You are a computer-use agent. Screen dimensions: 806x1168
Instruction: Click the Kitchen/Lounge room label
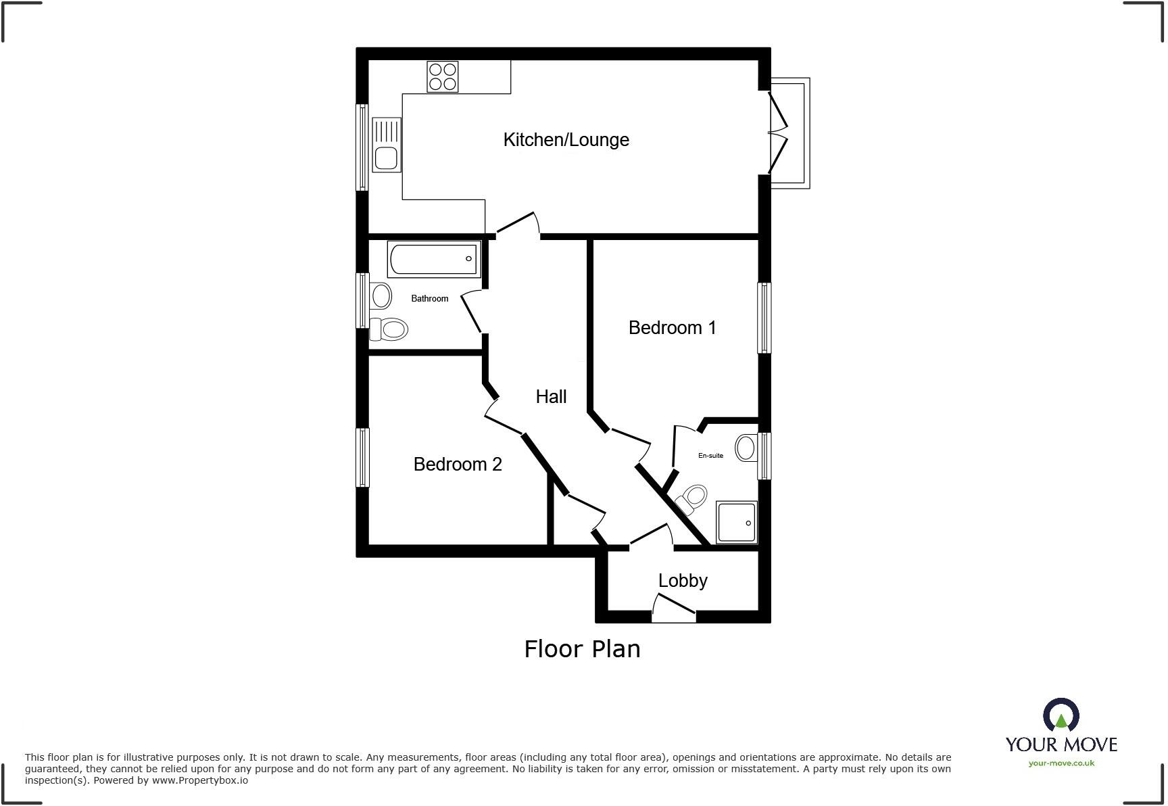pos(566,140)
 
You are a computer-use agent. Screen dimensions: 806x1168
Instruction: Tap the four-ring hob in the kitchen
pos(443,76)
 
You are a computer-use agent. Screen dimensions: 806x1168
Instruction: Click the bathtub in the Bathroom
pos(434,260)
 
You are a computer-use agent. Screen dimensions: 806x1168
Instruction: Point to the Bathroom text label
pos(429,298)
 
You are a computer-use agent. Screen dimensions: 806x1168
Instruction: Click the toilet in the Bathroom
pos(388,329)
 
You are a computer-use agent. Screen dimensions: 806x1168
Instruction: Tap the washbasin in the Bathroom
pos(381,295)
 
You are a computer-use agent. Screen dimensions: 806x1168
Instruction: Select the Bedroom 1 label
pos(672,328)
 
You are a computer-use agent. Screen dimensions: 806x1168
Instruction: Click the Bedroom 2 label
pos(458,465)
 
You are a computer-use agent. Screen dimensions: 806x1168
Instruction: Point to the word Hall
pos(551,397)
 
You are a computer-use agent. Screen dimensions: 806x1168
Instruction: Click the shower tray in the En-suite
pos(737,522)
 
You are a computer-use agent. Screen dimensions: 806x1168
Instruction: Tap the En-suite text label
pos(710,456)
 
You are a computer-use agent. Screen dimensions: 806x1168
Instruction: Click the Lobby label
pos(683,581)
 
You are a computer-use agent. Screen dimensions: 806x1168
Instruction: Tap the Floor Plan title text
pos(582,649)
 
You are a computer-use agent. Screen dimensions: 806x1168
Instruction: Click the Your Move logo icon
pos(1061,715)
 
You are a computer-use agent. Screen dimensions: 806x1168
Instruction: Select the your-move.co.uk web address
pos(1061,763)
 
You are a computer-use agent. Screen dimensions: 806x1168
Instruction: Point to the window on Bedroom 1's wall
pos(764,318)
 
